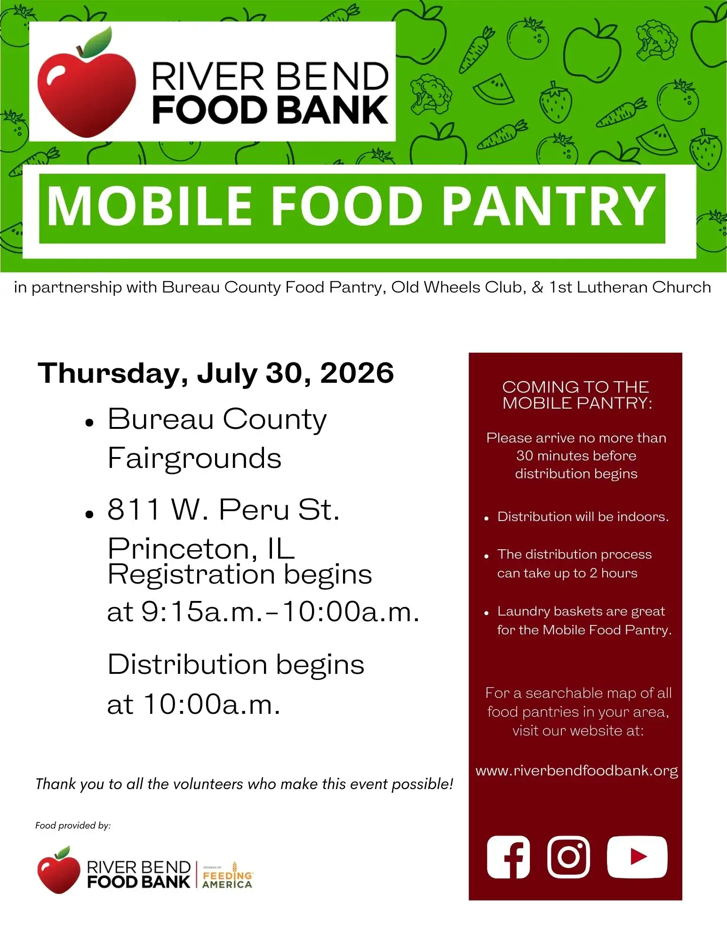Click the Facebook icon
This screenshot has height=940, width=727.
pos(508,857)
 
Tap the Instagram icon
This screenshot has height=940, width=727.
pos(568,857)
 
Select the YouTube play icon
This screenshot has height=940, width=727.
pos(637,857)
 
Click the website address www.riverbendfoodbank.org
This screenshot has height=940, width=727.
pos(576,771)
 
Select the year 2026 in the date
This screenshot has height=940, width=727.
pos(357,373)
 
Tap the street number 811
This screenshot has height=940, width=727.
pos(134,509)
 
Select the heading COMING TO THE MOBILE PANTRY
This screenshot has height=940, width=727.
pos(576,395)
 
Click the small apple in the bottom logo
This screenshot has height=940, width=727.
pos(58,871)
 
